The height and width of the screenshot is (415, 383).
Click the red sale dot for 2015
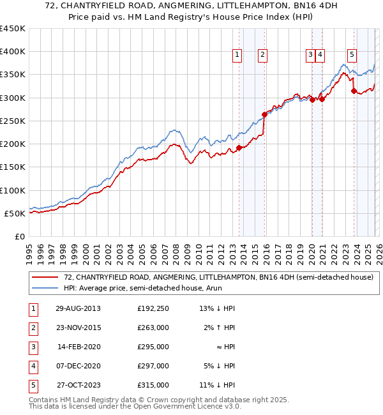click(x=264, y=115)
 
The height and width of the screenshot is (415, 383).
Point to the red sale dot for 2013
click(x=239, y=147)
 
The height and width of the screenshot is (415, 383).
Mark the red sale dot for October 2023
click(x=354, y=91)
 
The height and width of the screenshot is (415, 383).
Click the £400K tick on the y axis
click(x=13, y=52)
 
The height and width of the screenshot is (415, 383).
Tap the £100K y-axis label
click(x=13, y=190)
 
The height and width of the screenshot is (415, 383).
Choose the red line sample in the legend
click(x=45, y=276)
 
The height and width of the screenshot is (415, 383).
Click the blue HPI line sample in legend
click(x=45, y=288)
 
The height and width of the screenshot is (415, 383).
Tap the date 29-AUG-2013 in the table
click(x=78, y=308)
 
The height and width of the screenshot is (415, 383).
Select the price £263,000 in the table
click(x=153, y=328)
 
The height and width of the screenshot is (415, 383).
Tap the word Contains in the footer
click(x=44, y=400)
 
